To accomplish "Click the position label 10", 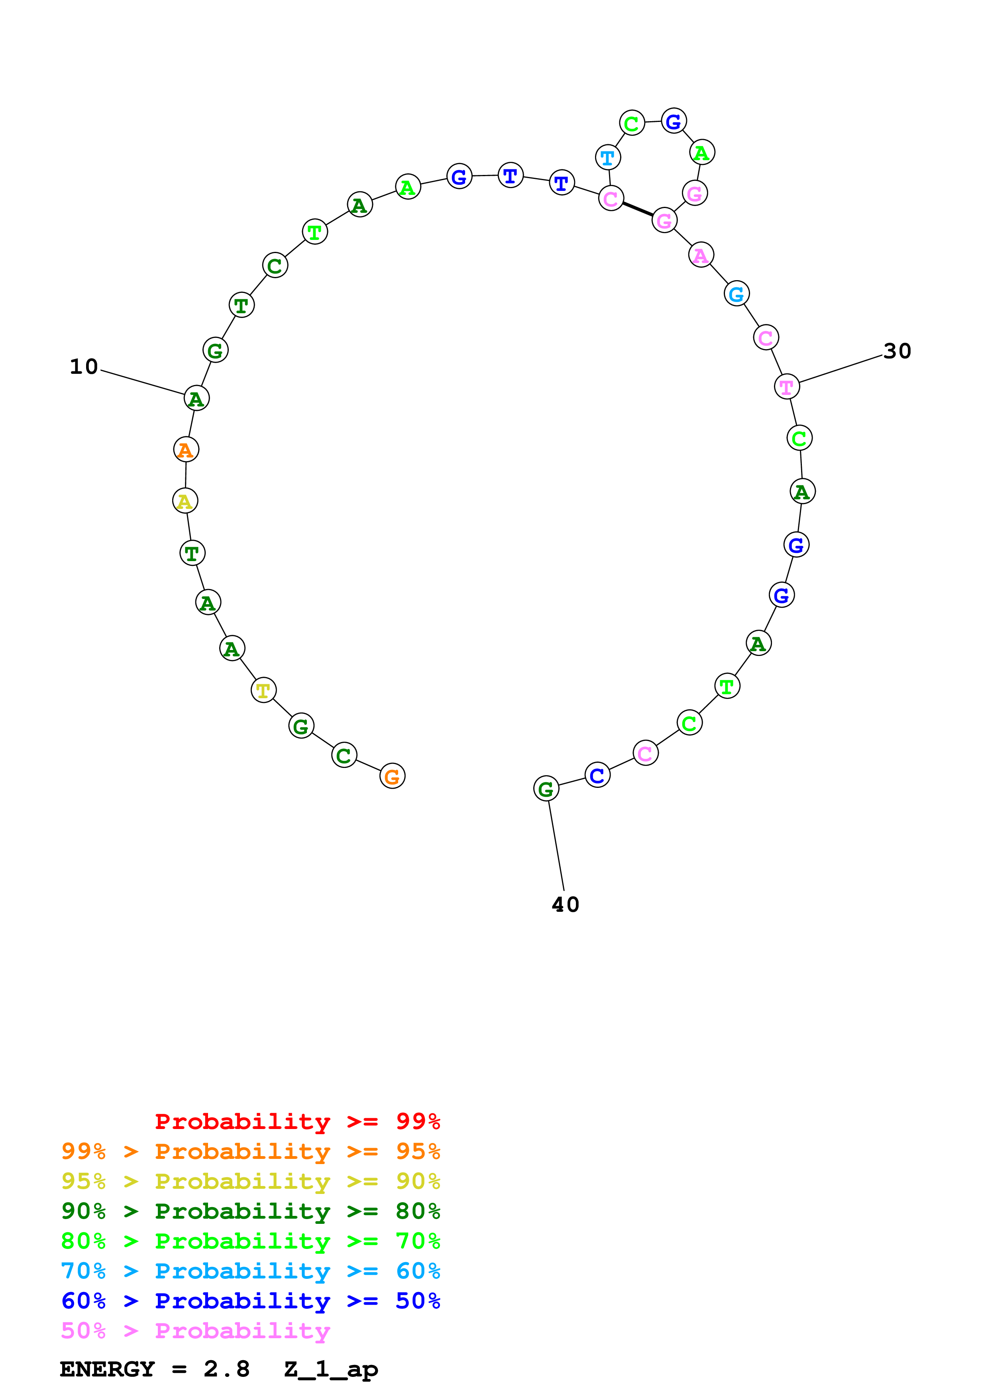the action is click(84, 367).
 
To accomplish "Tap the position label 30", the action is click(897, 351).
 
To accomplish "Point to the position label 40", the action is click(565, 905).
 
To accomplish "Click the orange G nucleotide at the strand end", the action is click(392, 776).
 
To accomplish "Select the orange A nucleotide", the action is click(186, 450).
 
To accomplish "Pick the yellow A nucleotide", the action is click(185, 501).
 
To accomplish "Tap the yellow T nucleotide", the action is click(263, 691).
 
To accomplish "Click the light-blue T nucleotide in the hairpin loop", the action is click(607, 158).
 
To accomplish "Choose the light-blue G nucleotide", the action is click(737, 294).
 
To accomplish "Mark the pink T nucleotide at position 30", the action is click(786, 387).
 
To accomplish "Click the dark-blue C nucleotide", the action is click(597, 775).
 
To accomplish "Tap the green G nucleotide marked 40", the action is click(546, 789).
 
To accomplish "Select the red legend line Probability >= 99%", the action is click(297, 1121).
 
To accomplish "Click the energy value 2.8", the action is click(226, 1369).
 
